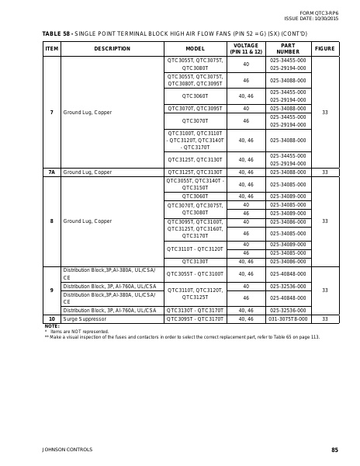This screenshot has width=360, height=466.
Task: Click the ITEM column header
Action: pyautogui.click(x=52, y=48)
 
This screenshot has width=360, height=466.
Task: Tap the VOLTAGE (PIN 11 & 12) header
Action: pyautogui.click(x=246, y=48)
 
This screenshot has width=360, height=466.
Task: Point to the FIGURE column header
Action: pyautogui.click(x=325, y=48)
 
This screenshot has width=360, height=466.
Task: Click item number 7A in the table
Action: pyautogui.click(x=52, y=172)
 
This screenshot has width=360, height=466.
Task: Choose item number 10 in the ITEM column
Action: pyautogui.click(x=52, y=319)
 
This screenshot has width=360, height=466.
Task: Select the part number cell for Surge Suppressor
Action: pyautogui.click(x=288, y=319)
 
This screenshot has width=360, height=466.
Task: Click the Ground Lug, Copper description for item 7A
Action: pyautogui.click(x=88, y=172)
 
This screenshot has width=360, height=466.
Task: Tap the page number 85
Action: pyautogui.click(x=334, y=450)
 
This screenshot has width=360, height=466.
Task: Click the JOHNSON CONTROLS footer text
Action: pyautogui.click(x=67, y=450)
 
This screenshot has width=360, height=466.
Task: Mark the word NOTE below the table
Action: pyautogui.click(x=50, y=326)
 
